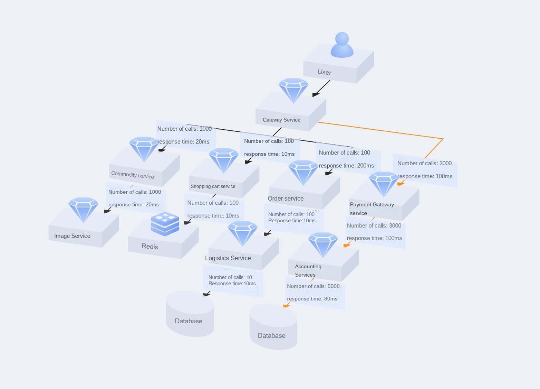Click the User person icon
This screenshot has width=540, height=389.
point(342,45)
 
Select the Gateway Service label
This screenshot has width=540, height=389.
point(281,120)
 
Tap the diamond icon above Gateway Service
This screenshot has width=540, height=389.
point(293,91)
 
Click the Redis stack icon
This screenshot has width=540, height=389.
point(165,224)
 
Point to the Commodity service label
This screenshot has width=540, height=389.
point(133,175)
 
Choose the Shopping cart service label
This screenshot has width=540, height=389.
point(213,186)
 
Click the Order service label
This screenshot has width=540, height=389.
point(286,198)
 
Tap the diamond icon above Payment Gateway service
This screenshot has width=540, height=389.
point(384,184)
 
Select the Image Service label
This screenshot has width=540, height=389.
point(72,236)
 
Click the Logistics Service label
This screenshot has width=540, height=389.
point(228,258)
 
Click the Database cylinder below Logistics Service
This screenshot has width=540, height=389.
point(190,314)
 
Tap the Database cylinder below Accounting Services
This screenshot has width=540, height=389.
point(273,327)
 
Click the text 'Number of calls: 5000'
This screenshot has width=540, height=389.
point(313,286)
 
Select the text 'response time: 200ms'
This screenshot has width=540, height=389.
point(346,166)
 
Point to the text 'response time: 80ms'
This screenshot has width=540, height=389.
point(312,299)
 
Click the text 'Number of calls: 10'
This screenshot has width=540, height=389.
point(230,277)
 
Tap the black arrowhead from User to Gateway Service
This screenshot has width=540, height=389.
point(315,95)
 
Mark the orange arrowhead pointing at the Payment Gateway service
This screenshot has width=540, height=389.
point(401,184)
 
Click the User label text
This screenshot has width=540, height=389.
point(325,72)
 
